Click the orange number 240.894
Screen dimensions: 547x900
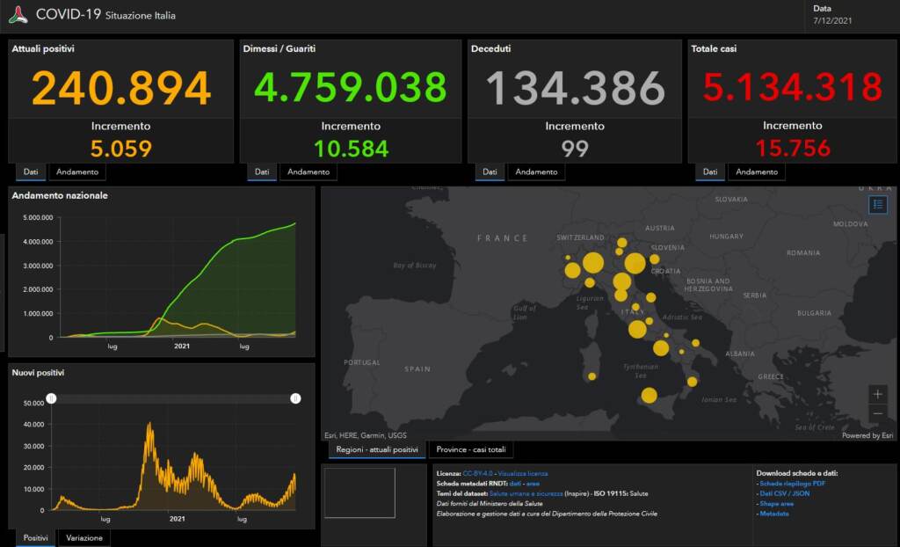click(121, 88)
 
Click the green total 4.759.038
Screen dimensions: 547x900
click(351, 88)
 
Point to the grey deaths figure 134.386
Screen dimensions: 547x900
click(575, 88)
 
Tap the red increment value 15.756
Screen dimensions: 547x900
click(793, 148)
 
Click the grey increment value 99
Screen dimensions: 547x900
click(575, 148)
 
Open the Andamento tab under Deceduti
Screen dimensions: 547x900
click(536, 172)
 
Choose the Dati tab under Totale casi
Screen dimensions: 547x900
click(709, 172)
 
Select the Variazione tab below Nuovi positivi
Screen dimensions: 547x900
click(84, 537)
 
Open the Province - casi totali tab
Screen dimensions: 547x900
click(471, 450)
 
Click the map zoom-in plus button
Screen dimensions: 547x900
click(878, 394)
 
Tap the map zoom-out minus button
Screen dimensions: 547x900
click(878, 413)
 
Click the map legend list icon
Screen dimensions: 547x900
click(878, 205)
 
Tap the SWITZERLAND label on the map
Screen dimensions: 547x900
click(581, 237)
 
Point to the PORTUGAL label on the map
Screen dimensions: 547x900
click(362, 362)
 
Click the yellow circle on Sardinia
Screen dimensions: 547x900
click(592, 376)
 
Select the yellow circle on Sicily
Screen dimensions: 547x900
click(649, 396)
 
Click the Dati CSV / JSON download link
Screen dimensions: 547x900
click(785, 493)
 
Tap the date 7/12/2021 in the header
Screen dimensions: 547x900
click(832, 19)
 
